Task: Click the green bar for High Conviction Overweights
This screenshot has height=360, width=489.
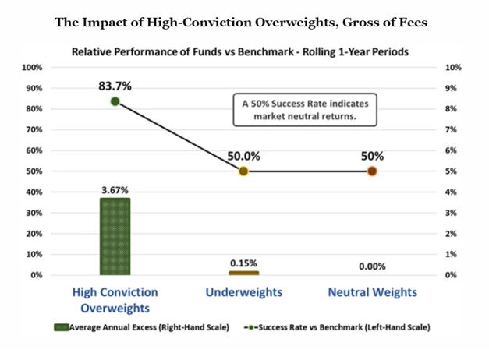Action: point(115,236)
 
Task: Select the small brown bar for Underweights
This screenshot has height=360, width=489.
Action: point(244,273)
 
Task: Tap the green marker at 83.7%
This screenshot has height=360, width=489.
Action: point(115,101)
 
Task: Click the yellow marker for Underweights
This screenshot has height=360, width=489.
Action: point(243,171)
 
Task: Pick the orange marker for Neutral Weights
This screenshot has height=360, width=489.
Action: point(372,171)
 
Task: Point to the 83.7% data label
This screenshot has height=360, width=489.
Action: point(115,86)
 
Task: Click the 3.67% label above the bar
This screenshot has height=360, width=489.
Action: point(115,190)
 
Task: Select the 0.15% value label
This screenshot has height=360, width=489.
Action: point(243,263)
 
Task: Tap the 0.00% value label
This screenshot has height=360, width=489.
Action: point(372,266)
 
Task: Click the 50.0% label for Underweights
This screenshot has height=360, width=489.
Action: point(243,156)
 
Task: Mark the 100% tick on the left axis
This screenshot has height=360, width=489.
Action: point(32,67)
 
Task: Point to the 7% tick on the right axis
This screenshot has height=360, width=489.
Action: point(451,129)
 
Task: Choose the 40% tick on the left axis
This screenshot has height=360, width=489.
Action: point(34,192)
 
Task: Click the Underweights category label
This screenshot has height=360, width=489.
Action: point(244,292)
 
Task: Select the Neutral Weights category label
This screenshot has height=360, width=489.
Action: point(372,292)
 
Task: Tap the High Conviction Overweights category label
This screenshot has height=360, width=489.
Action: point(115,300)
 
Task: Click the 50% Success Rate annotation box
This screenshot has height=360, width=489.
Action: point(305,110)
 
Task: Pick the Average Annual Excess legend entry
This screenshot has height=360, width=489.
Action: point(141,327)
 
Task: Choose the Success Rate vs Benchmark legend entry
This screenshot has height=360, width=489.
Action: point(337,327)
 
